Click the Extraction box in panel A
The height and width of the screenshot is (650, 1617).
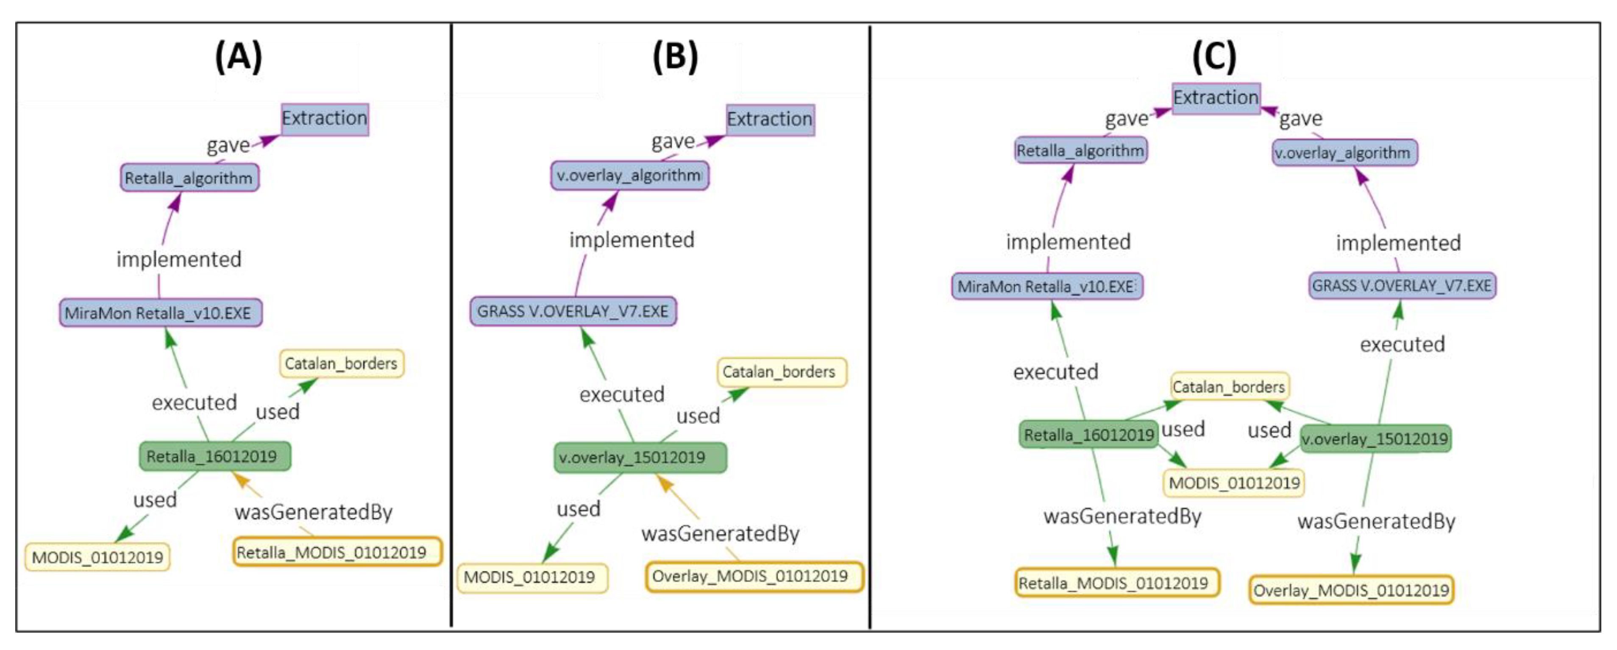[325, 119]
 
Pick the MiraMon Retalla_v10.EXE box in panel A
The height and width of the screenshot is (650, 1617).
[160, 313]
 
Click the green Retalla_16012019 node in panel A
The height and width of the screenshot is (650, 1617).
[214, 457]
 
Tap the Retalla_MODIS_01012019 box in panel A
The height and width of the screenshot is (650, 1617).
[337, 552]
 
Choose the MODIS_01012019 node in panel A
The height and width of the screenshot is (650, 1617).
[97, 557]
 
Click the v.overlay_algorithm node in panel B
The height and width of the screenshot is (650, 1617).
[629, 175]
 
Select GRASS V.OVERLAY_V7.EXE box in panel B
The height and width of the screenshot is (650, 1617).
[573, 311]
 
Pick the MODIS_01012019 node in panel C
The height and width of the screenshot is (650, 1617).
[1233, 483]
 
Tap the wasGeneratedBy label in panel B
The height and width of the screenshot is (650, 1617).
[720, 534]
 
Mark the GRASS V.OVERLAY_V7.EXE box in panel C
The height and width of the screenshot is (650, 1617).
[1401, 286]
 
